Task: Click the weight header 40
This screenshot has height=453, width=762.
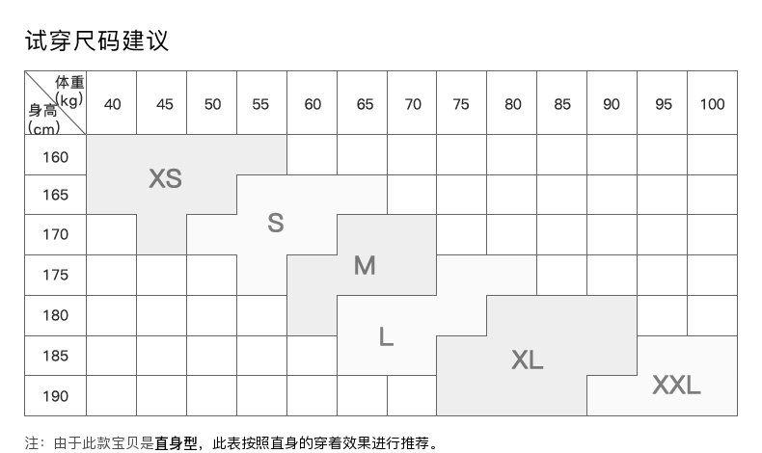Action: pyautogui.click(x=112, y=104)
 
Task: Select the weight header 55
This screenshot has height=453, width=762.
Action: pyautogui.click(x=260, y=104)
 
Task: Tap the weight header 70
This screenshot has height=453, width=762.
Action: pyautogui.click(x=413, y=104)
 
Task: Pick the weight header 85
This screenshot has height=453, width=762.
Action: pyautogui.click(x=562, y=104)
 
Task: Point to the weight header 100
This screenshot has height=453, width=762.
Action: pyautogui.click(x=712, y=104)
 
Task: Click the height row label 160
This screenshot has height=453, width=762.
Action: pyautogui.click(x=56, y=156)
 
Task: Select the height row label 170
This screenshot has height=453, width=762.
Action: pyautogui.click(x=56, y=234)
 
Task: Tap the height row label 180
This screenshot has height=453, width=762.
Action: pyautogui.click(x=56, y=315)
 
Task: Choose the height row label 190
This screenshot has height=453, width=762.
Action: pyautogui.click(x=56, y=396)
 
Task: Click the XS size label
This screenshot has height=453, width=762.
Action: pyautogui.click(x=165, y=178)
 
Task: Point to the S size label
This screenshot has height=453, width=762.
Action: pyautogui.click(x=276, y=224)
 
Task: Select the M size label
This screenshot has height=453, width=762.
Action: pyautogui.click(x=364, y=265)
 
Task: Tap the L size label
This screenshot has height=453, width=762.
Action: pyautogui.click(x=386, y=336)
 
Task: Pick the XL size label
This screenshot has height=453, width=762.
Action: pyautogui.click(x=527, y=360)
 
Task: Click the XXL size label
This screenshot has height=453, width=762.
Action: pyautogui.click(x=676, y=386)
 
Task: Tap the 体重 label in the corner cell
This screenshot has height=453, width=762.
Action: pyautogui.click(x=69, y=83)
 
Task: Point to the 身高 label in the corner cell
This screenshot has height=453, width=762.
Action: pyautogui.click(x=43, y=110)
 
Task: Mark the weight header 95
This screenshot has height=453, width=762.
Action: pyautogui.click(x=663, y=104)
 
